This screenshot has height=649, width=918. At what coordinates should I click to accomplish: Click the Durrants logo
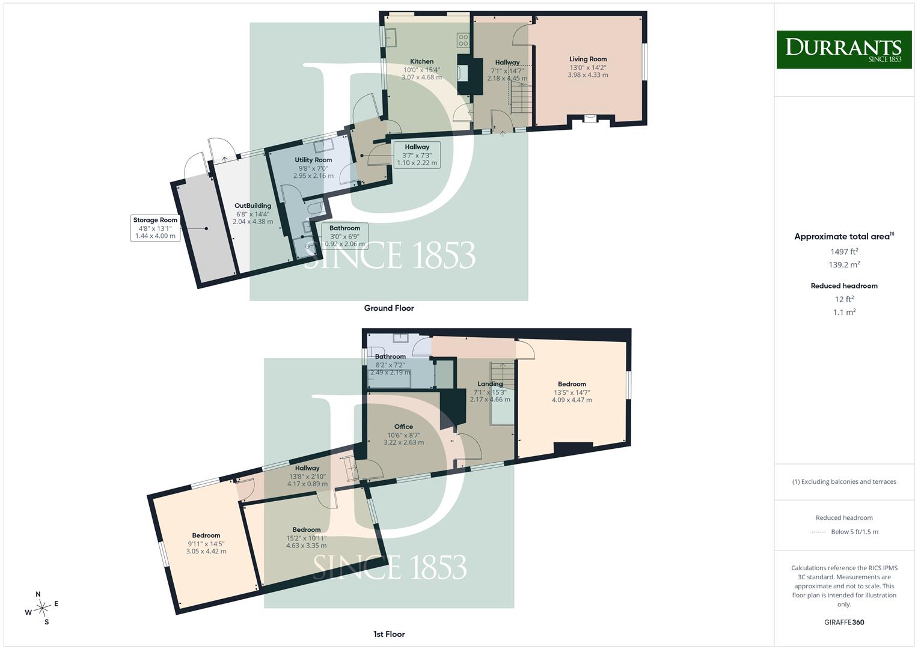coord(844,49)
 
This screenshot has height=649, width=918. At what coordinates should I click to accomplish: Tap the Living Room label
coord(588,59)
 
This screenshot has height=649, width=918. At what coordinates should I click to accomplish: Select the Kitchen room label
coord(421,61)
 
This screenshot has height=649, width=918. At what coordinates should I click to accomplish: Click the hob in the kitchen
coord(463,40)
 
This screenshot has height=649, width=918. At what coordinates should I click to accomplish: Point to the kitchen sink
coord(390,37)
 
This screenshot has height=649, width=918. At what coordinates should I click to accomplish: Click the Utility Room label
coord(313,160)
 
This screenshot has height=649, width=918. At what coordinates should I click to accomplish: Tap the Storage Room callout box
coord(155,228)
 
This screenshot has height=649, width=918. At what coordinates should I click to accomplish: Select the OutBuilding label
coord(253,206)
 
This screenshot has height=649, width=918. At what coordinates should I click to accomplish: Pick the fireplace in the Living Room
coord(590,118)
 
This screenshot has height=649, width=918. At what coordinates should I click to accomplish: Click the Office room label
coord(403,427)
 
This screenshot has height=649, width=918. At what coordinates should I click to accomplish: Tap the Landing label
coord(490,384)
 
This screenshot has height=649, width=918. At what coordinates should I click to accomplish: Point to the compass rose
coord(42,608)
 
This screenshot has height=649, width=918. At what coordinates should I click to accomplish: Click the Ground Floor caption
coord(389,308)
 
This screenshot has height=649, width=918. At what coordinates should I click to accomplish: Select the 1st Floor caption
coord(389,634)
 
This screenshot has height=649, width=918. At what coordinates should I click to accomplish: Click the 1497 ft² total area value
coord(844,252)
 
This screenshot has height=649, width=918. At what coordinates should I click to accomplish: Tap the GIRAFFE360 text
coord(844,622)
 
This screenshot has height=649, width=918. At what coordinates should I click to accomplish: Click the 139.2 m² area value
coord(844,264)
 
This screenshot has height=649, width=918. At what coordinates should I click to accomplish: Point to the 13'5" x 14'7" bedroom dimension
coord(572,392)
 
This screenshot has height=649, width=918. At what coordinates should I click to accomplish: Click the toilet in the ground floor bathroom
coord(316,208)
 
